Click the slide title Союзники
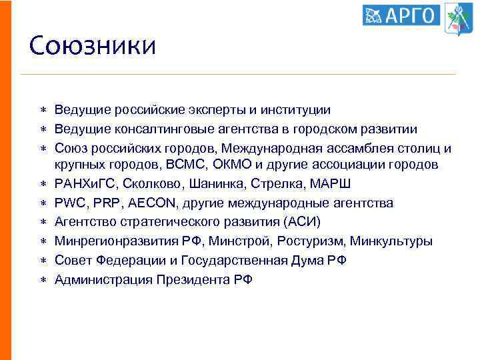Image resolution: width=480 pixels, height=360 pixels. pos(93,47)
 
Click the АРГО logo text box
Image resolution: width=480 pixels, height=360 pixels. pos(401,15)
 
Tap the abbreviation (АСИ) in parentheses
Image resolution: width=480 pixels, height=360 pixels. pos(301,221)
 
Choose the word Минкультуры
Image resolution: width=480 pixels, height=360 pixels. pos(391,241)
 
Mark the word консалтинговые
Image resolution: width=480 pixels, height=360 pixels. pos(152,128)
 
